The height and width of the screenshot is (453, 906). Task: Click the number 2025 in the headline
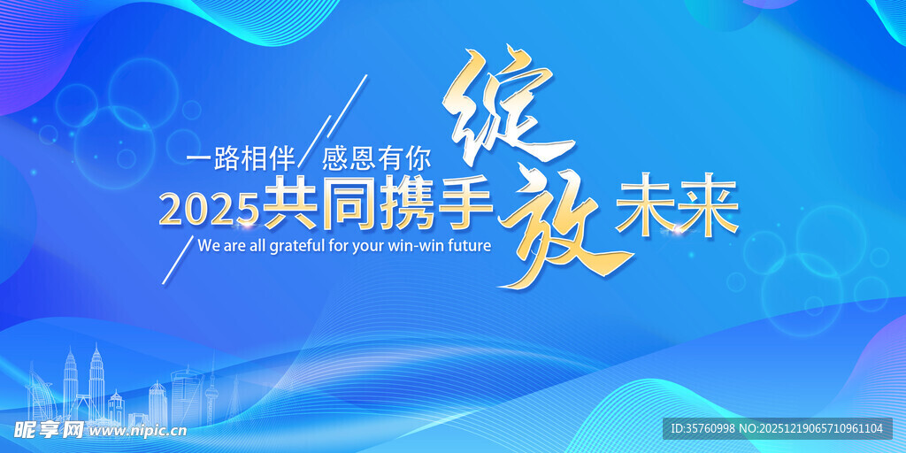tap(209, 209)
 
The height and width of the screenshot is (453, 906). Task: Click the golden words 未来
tap(677, 209)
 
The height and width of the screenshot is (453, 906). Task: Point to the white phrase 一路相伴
tap(241, 159)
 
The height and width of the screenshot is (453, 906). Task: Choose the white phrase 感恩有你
tap(376, 159)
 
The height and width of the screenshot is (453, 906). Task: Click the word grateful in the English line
tap(296, 246)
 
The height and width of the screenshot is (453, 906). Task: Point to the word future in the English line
tap(461, 245)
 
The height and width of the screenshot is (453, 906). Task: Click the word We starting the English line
tap(207, 245)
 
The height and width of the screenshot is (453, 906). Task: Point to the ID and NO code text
tap(778, 429)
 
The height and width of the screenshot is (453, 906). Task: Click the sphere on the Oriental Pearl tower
tap(211, 386)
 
